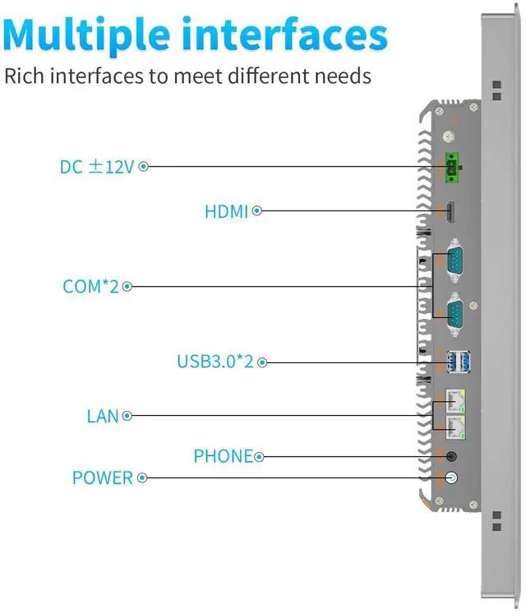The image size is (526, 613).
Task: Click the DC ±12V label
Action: point(96,167)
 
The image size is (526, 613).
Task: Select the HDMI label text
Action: point(226,212)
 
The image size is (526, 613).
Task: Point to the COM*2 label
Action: point(91,287)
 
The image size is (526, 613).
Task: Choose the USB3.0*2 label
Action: point(215,362)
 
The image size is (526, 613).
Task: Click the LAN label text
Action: point(103,417)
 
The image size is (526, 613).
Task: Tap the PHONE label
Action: point(223,456)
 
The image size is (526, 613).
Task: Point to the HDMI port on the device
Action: point(450,212)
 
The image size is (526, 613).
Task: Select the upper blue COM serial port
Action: point(452,261)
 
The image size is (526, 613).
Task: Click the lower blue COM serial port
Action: point(452,313)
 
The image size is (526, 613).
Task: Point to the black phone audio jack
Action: point(450,456)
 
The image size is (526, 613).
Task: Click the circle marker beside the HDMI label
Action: point(256,211)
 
